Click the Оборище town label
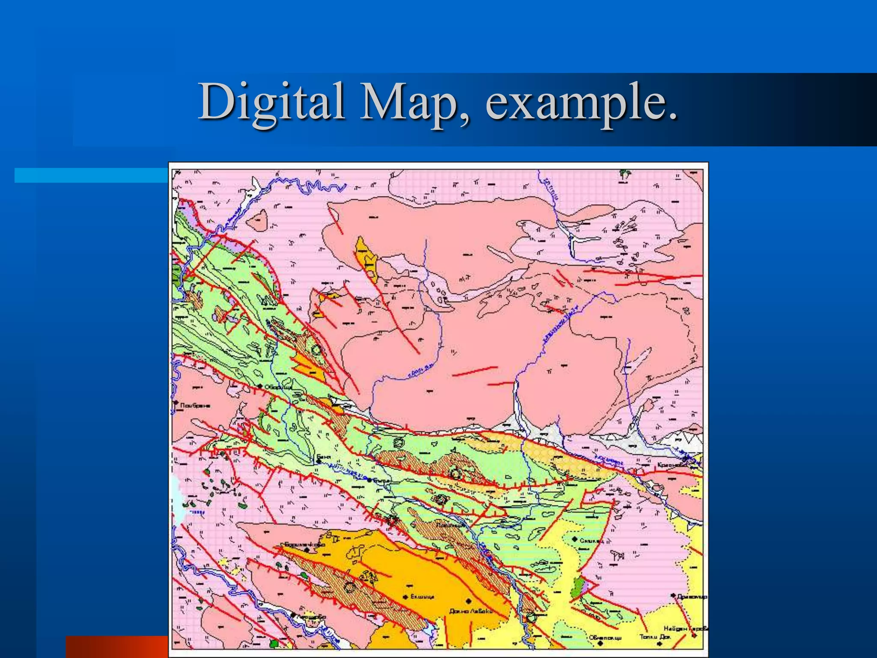click(278, 387)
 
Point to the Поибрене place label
click(195, 405)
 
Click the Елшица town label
click(422, 597)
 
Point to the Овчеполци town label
click(605, 637)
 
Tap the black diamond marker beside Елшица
click(405, 597)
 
